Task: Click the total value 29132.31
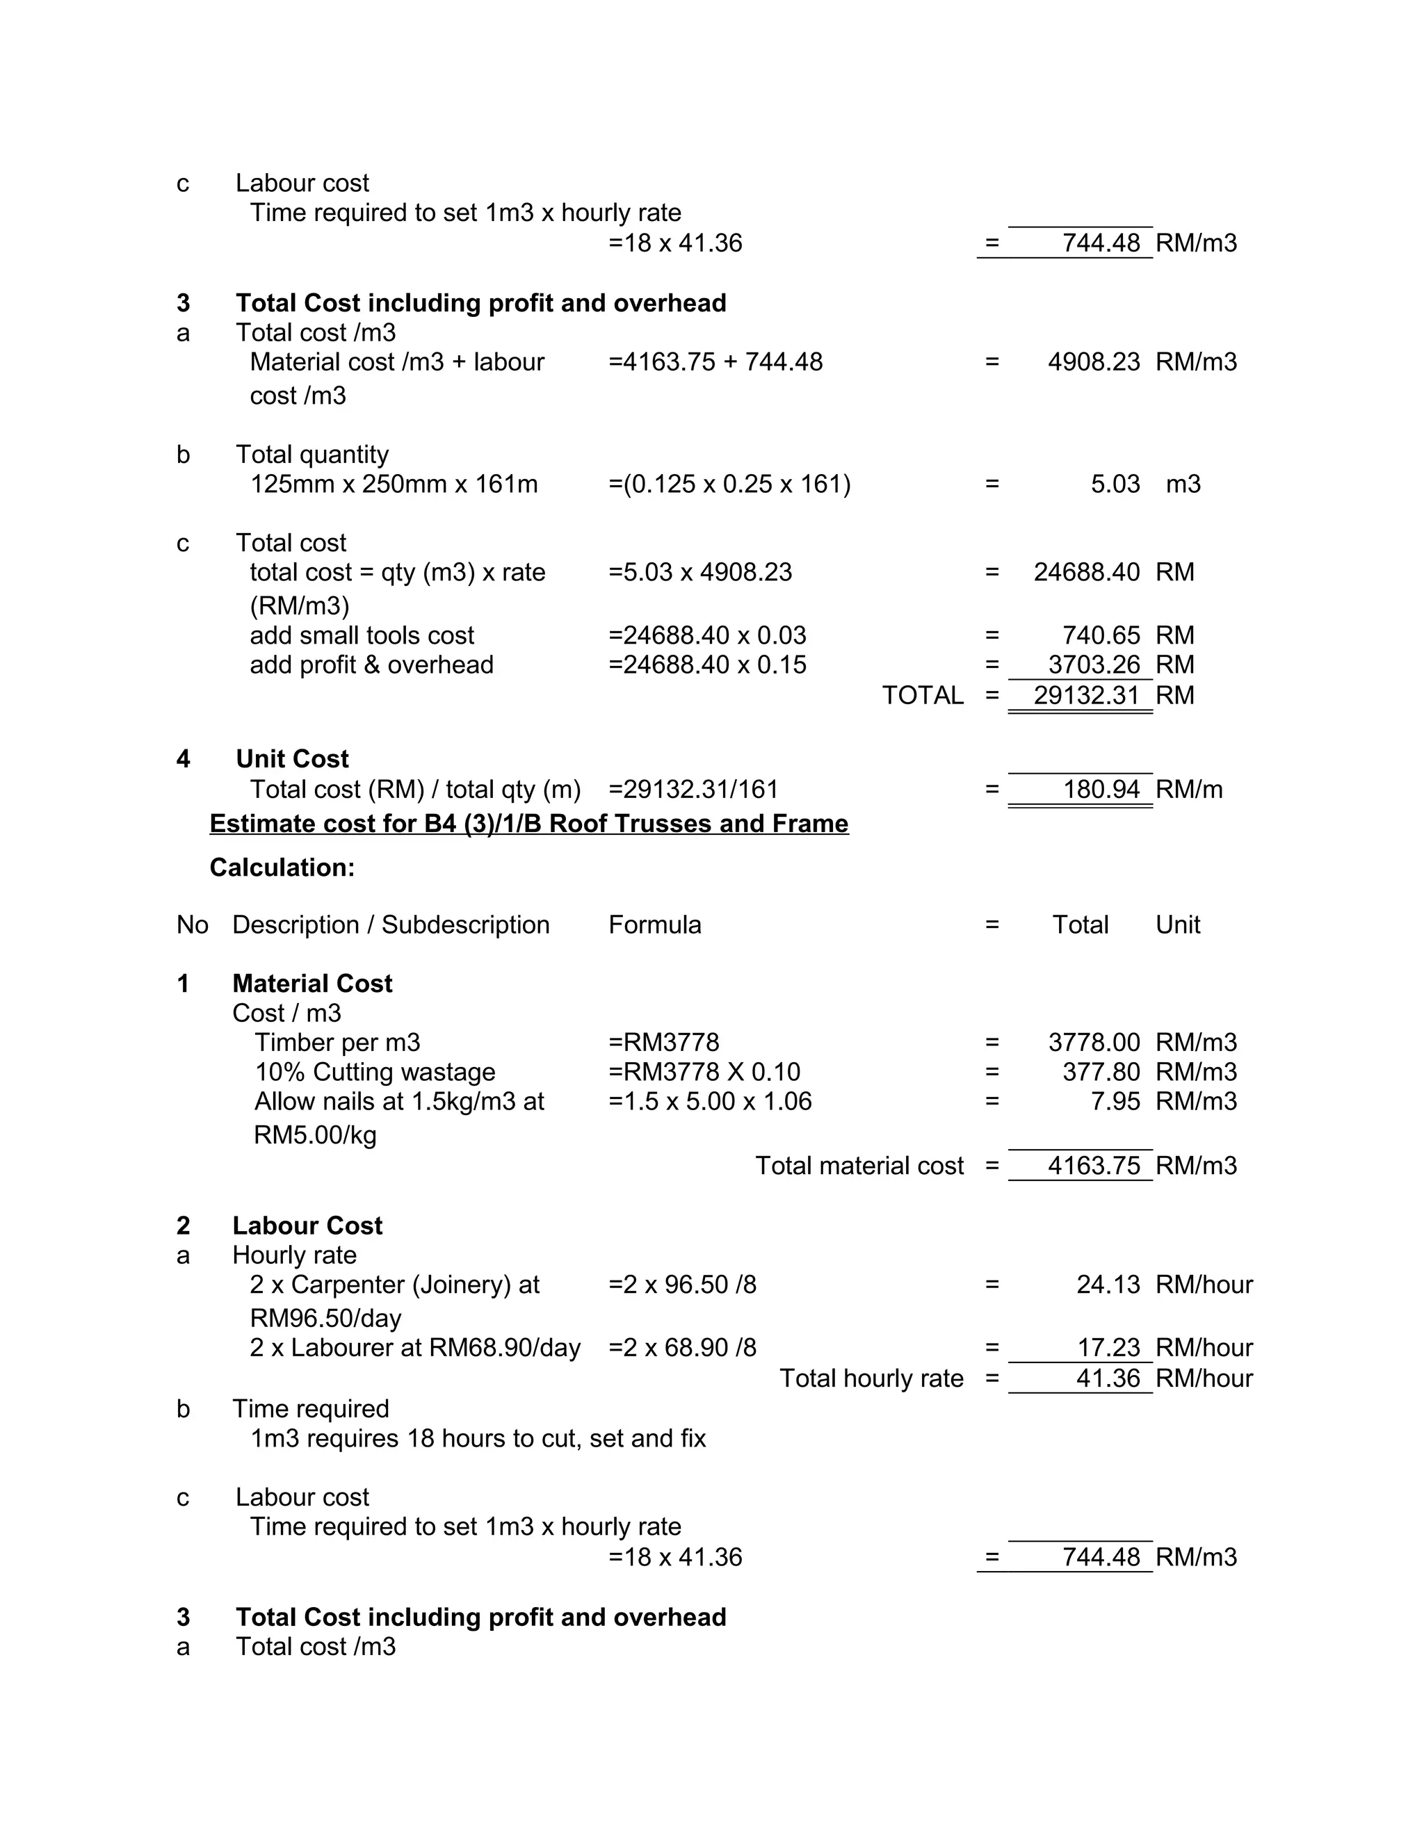click(1086, 696)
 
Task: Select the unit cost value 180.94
click(1101, 790)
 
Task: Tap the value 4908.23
click(1093, 362)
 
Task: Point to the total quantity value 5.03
click(1115, 485)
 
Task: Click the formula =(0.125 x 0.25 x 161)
click(729, 485)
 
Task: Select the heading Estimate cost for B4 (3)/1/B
click(528, 823)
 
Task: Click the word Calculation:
click(282, 868)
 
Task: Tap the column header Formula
click(655, 925)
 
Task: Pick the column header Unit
click(1177, 925)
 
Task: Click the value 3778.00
click(1093, 1043)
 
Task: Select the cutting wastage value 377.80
click(1101, 1073)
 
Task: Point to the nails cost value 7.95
click(1115, 1102)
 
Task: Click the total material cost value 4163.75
click(1093, 1166)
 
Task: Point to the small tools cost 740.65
click(1101, 635)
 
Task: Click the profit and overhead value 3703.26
click(1093, 665)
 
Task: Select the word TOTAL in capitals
click(922, 696)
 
